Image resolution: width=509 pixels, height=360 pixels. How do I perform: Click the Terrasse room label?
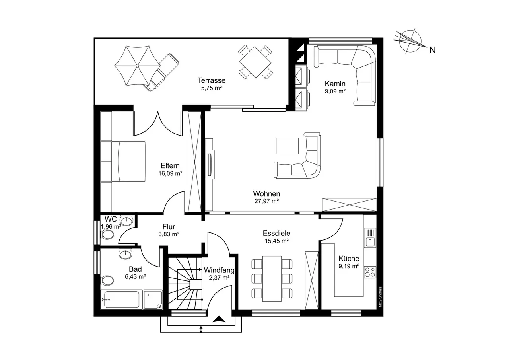[x=211, y=80]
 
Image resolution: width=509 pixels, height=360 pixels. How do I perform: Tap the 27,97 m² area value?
[x=266, y=201]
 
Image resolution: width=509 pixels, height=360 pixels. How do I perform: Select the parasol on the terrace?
[x=137, y=66]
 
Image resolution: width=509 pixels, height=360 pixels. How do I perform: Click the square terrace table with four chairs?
[x=255, y=62]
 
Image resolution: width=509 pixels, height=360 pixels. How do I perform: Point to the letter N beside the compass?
[x=432, y=50]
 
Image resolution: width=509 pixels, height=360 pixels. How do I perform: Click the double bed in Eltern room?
[x=128, y=162]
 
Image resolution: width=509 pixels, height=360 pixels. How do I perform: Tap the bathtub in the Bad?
[x=122, y=300]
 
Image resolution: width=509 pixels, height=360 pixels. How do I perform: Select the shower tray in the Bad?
[x=153, y=300]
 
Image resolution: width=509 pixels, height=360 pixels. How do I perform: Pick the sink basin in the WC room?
[x=126, y=220]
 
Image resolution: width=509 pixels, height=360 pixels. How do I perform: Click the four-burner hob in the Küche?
[x=370, y=272]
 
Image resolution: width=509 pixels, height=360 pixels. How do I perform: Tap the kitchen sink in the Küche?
[x=370, y=238]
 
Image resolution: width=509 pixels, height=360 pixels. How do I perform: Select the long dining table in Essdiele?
[x=272, y=278]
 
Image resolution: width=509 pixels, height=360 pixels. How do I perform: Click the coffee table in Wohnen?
[x=287, y=146]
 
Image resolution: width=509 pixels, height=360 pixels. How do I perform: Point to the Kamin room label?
[x=335, y=84]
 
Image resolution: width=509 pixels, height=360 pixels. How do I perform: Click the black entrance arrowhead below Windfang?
[x=219, y=319]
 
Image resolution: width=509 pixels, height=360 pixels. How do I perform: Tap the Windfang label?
[x=219, y=270]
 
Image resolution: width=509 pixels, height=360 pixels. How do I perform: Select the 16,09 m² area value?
[x=170, y=174]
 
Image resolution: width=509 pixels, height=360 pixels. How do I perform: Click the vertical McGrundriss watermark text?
[x=380, y=297]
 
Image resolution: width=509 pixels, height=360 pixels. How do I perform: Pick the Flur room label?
[x=169, y=227]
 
